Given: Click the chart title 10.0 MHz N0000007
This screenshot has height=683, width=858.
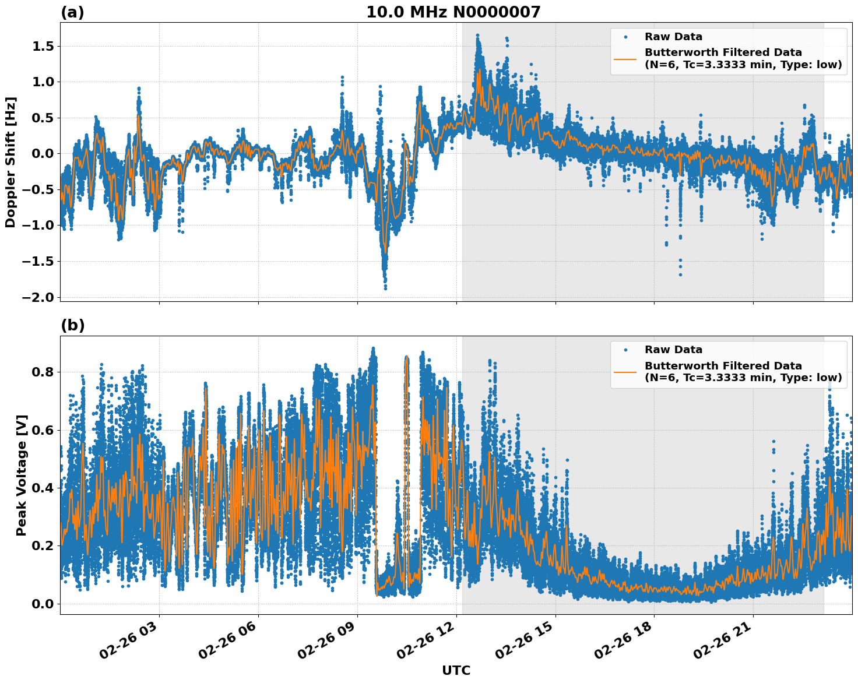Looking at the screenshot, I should (x=453, y=12).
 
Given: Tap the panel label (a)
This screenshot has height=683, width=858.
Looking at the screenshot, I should (x=72, y=12).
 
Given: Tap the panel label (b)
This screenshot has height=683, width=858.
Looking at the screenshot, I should (x=73, y=325).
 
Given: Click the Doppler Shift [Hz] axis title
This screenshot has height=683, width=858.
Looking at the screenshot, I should (x=10, y=162).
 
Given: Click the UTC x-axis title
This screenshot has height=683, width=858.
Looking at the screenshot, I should (x=456, y=670).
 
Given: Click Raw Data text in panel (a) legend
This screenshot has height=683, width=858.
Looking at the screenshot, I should (x=673, y=37).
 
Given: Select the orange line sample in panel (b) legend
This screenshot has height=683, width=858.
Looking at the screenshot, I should (x=625, y=372).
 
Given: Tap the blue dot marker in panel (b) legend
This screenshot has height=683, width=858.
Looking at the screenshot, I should (x=625, y=350).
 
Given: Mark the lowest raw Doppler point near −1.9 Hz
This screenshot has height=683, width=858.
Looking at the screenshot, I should (x=385, y=288).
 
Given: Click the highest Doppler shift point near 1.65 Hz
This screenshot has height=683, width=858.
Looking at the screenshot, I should (x=477, y=36).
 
